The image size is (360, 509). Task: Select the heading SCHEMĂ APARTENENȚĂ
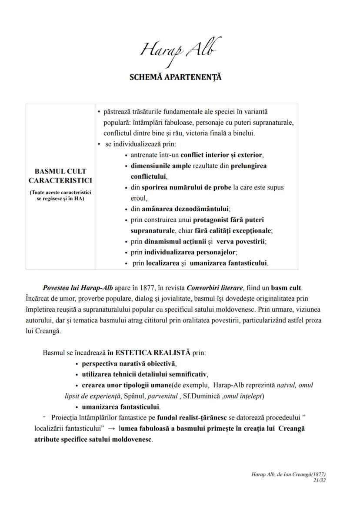pos(176,77)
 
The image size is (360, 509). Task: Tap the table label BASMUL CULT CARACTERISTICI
pos(60,176)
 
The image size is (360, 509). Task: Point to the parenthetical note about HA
pos(60,195)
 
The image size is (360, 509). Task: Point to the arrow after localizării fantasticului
pos(111,429)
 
